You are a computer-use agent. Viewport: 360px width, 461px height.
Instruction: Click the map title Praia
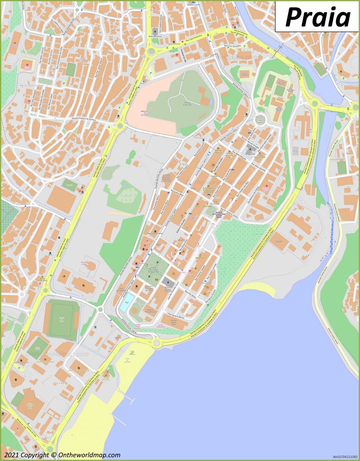point(318,18)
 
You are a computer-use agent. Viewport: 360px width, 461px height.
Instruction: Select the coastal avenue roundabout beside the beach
point(157,343)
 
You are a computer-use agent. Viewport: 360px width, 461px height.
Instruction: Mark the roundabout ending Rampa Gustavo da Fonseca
point(120,126)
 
